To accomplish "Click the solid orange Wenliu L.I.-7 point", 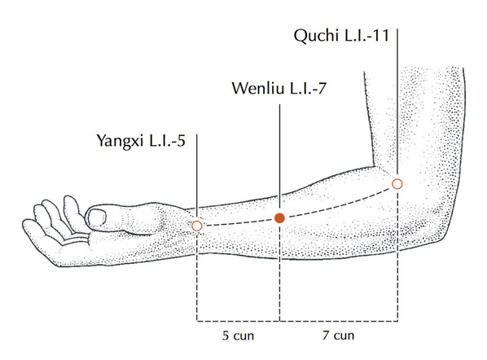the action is (x=279, y=218).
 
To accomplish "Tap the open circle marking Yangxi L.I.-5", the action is (x=196, y=226).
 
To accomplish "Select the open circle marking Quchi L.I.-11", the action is (x=397, y=184).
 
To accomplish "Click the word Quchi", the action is (x=316, y=36).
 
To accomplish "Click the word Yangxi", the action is (x=121, y=141).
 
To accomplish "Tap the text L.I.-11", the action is (x=366, y=35).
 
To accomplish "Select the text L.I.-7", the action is (x=308, y=88).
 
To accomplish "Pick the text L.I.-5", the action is (x=168, y=140).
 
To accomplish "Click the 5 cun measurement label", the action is (x=239, y=336).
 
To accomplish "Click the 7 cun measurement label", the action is (x=338, y=336).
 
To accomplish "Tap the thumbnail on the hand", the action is (x=96, y=217).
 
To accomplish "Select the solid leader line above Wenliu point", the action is (x=279, y=158).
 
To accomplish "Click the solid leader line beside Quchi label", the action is (x=397, y=103).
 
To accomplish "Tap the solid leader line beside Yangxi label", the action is (x=196, y=178).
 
